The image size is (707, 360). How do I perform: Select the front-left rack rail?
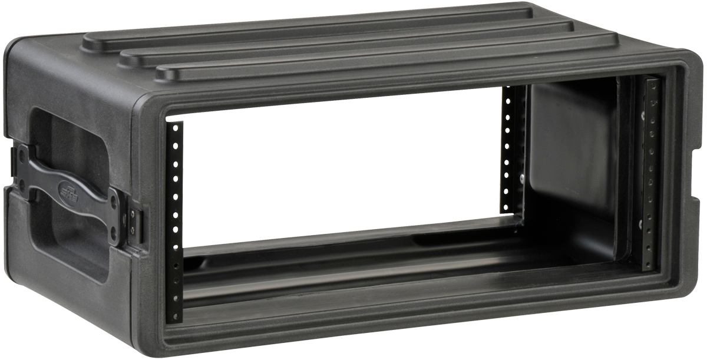pyautogui.click(x=174, y=221)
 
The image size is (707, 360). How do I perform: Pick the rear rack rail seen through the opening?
pyautogui.click(x=511, y=150)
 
